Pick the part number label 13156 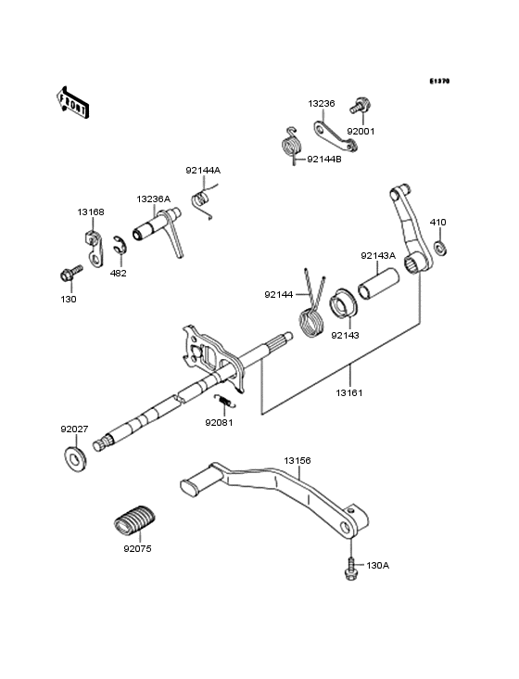click(x=297, y=459)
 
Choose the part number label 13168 click(x=90, y=212)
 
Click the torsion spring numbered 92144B click(x=292, y=146)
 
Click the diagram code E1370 click(x=438, y=82)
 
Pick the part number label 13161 click(x=350, y=393)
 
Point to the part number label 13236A click(x=153, y=199)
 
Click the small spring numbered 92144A click(x=200, y=199)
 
